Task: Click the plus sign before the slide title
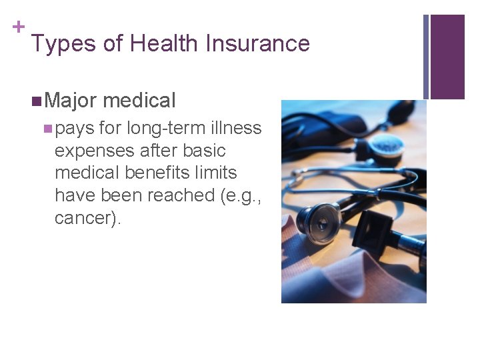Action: (x=18, y=27)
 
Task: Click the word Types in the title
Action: (x=64, y=44)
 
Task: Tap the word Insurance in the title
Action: (x=258, y=44)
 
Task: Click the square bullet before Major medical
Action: (x=37, y=101)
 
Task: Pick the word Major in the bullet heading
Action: (x=71, y=101)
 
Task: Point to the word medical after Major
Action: (x=139, y=101)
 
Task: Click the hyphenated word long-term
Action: (x=166, y=128)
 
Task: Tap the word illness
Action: (x=235, y=128)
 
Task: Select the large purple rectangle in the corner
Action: (x=447, y=57)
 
